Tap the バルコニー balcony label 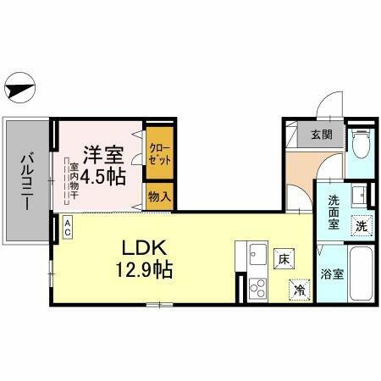(x=26, y=179)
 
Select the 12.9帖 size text (x=146, y=270)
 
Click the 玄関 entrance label (x=321, y=135)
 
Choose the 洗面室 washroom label (x=334, y=213)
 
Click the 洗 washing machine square (x=361, y=227)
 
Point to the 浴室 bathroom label (x=333, y=273)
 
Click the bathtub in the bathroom (x=360, y=275)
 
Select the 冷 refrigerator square (x=299, y=288)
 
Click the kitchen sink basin (x=257, y=251)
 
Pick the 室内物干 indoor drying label (x=75, y=182)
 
